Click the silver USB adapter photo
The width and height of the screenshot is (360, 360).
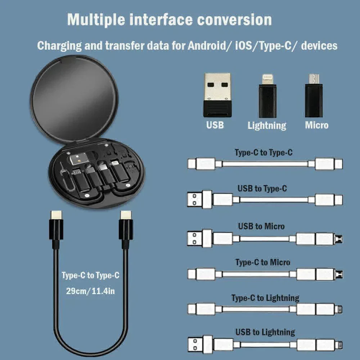tap(217, 95)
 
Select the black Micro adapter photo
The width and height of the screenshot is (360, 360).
tap(314, 96)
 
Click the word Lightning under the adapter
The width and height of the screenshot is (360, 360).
tap(267, 126)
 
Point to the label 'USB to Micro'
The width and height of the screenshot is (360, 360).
tap(261, 226)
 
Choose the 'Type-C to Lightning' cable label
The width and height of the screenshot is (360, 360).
tap(265, 298)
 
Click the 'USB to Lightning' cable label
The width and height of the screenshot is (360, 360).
tap(265, 332)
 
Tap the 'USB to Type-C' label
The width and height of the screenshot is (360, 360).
tap(262, 188)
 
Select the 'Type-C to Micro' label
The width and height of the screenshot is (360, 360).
tap(262, 262)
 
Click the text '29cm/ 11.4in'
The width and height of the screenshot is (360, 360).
tap(90, 291)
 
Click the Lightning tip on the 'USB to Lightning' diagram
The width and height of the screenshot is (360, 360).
tap(339, 345)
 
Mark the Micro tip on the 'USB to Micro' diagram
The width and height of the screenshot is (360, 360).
tap(339, 239)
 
